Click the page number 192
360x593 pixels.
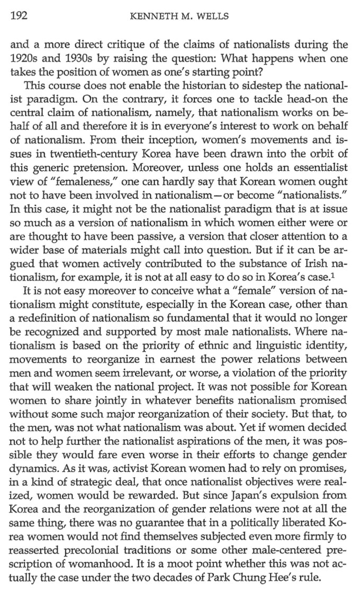click(x=19, y=15)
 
